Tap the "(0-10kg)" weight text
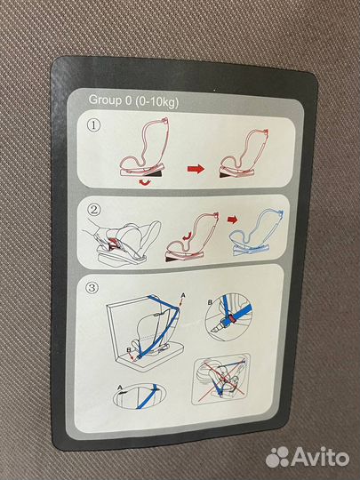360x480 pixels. (x=156, y=101)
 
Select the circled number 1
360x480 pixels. (x=94, y=125)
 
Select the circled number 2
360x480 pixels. (x=93, y=210)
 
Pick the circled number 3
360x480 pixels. (x=92, y=288)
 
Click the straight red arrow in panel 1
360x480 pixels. (x=196, y=169)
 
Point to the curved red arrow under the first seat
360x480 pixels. (x=145, y=182)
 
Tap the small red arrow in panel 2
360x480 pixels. (x=233, y=220)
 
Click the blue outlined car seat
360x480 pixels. (x=257, y=232)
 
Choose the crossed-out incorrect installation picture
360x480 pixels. (x=221, y=379)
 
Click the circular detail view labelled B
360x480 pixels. (x=228, y=316)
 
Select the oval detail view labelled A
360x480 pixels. (x=140, y=396)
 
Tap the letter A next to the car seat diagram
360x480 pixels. (x=183, y=295)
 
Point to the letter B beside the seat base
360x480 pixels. (x=129, y=349)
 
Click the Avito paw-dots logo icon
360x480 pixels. (x=277, y=457)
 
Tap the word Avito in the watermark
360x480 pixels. (x=321, y=457)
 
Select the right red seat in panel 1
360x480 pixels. (x=244, y=154)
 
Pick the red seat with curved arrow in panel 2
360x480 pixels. (x=192, y=237)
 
